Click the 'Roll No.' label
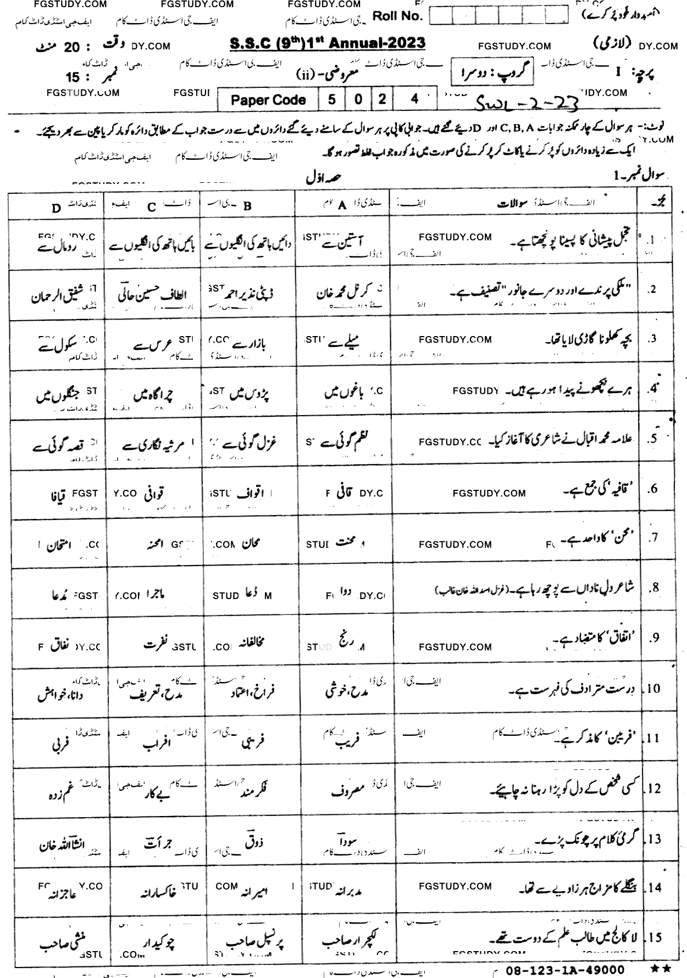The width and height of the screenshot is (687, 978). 397,16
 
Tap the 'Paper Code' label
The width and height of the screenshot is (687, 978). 268,100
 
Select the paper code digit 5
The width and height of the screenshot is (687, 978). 331,99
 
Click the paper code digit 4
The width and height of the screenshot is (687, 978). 415,99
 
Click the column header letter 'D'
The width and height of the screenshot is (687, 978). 56,208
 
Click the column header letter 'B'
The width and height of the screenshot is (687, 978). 247,206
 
